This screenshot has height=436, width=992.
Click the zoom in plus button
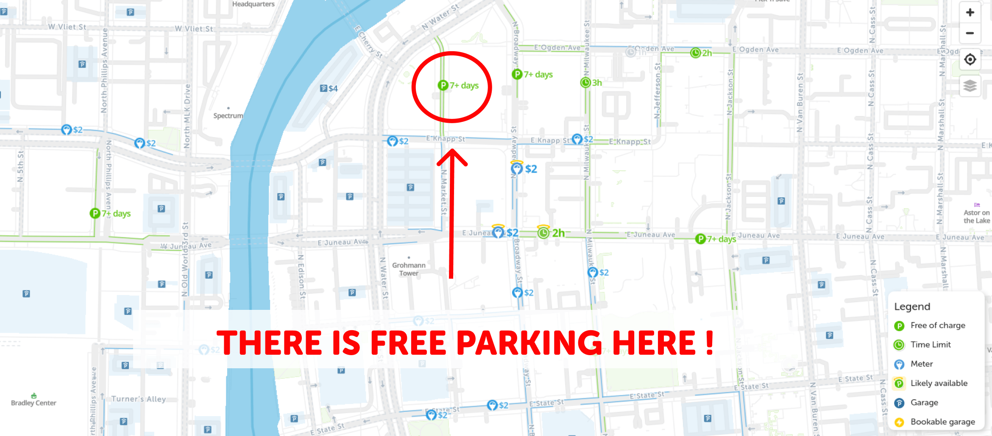point(970,13)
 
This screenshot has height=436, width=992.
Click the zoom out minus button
point(970,33)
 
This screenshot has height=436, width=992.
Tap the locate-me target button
point(970,59)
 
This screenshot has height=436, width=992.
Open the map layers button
point(970,86)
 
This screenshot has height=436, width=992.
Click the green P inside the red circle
point(443,86)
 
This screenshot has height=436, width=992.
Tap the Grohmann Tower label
point(409,269)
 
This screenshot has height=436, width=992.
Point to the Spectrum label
point(228,116)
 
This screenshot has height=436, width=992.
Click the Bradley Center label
point(33,403)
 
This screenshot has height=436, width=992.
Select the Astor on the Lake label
point(977,216)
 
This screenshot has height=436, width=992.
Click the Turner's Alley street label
point(138,399)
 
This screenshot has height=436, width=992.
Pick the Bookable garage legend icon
point(899,422)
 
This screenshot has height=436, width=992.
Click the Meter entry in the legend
point(922,364)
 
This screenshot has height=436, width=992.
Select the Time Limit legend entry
point(931,345)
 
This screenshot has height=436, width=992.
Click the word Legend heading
point(912,306)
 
